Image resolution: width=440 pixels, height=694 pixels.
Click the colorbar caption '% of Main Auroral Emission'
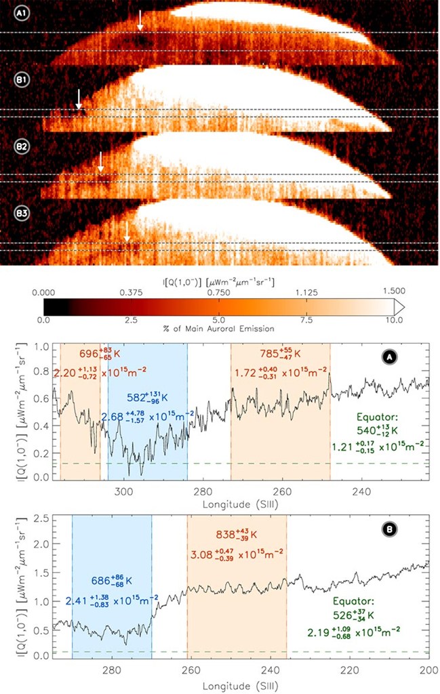tap(218, 329)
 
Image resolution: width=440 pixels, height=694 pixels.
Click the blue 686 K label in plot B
tap(111, 581)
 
